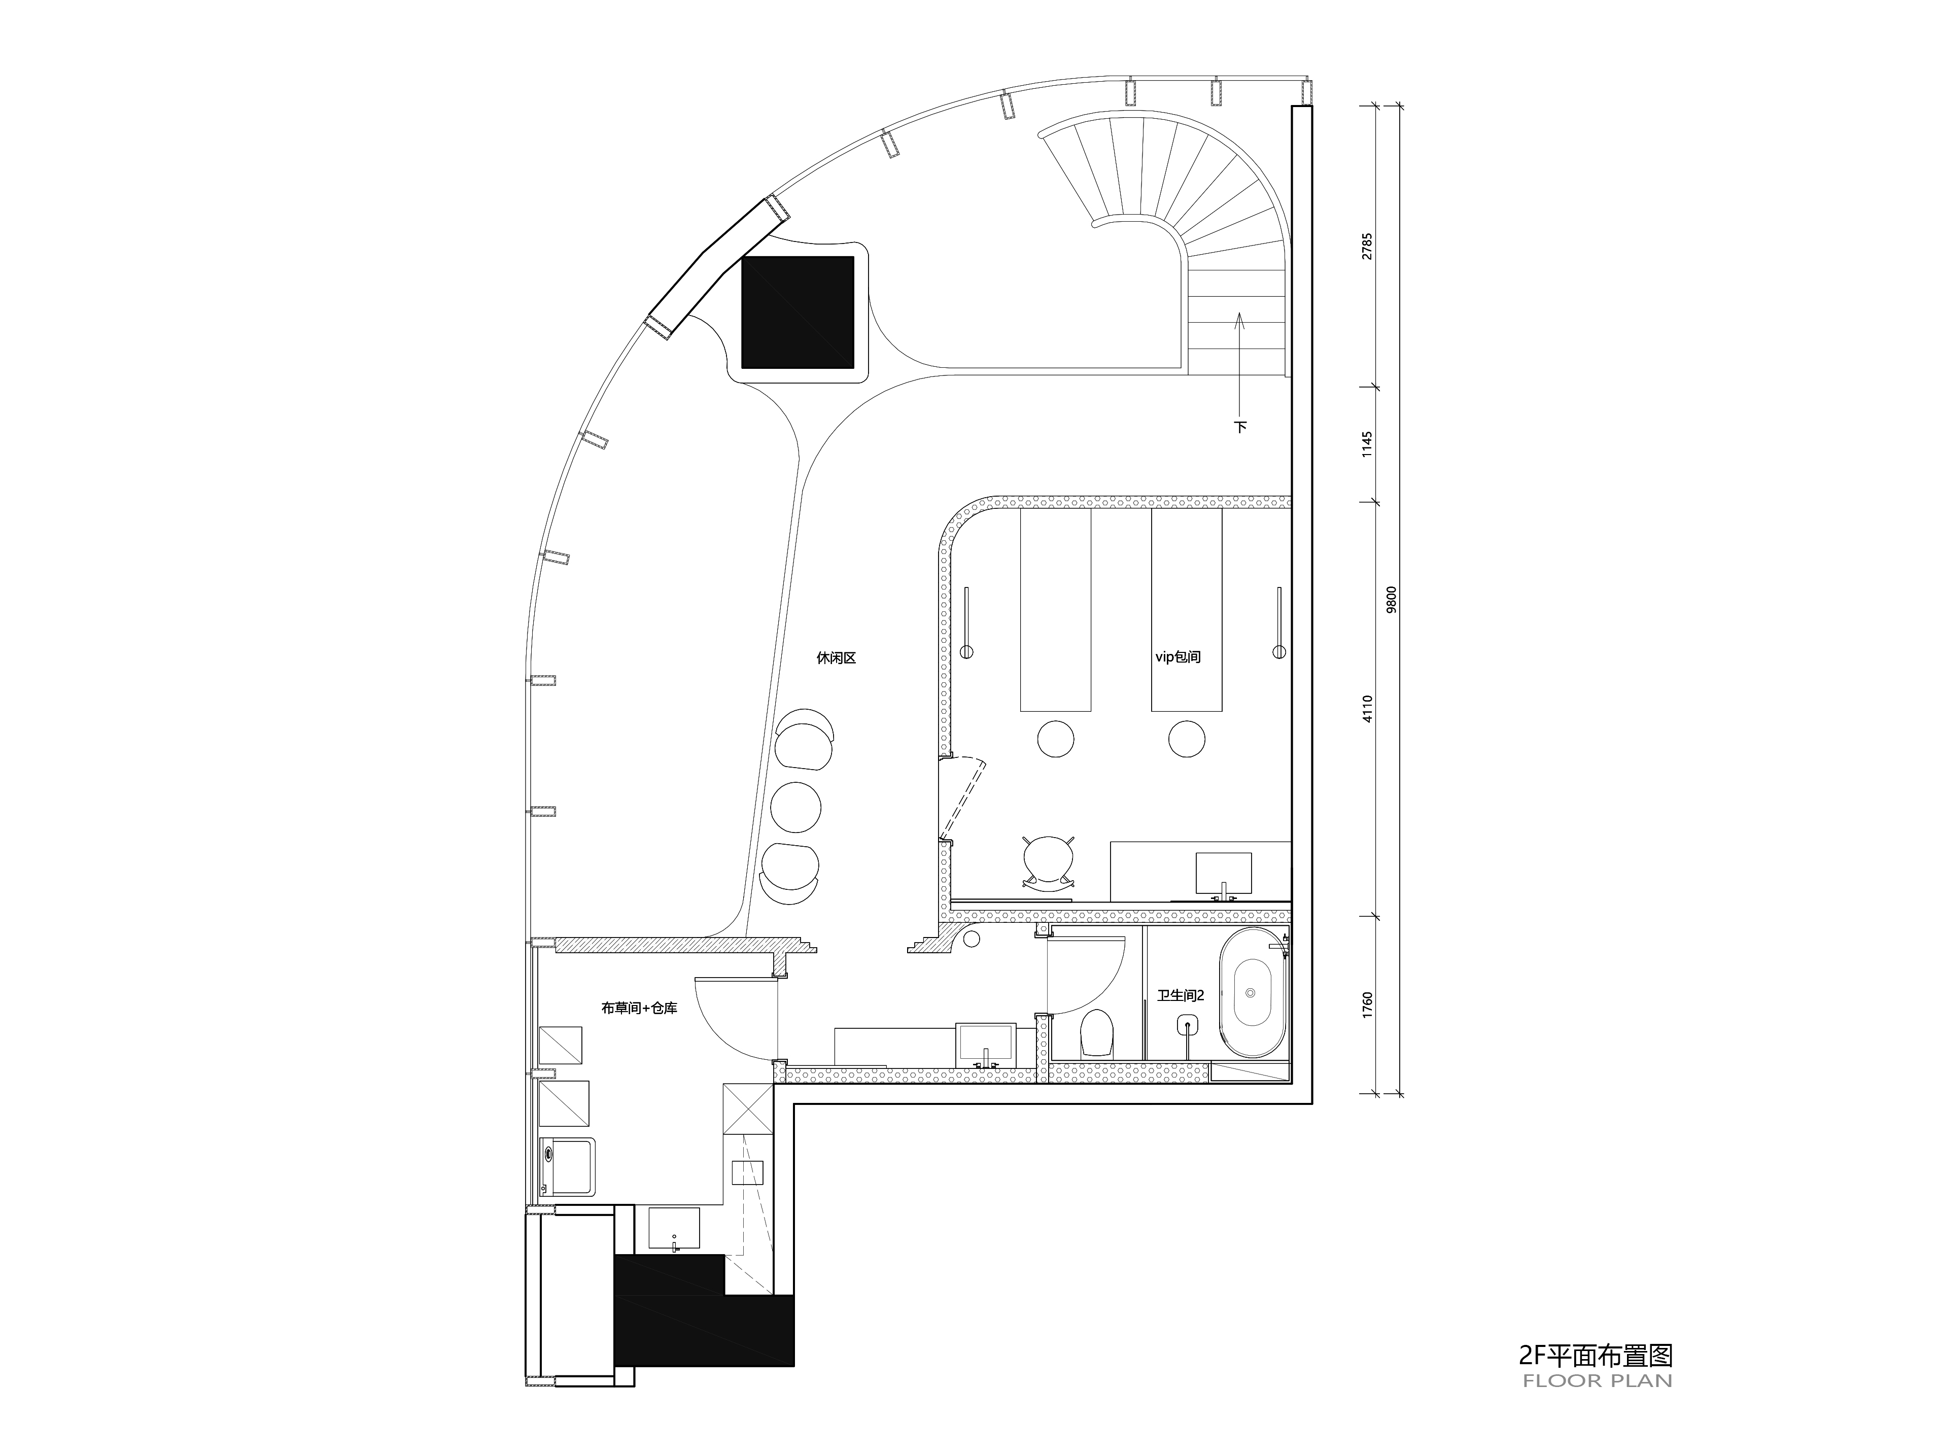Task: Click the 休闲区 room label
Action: click(836, 658)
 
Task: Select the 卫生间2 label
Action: click(1181, 995)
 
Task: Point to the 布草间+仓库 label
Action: click(639, 1009)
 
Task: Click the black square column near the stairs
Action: click(797, 312)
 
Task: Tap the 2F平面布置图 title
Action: click(1596, 1356)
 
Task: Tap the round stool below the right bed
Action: click(1187, 739)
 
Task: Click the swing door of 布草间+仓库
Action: click(735, 1017)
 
